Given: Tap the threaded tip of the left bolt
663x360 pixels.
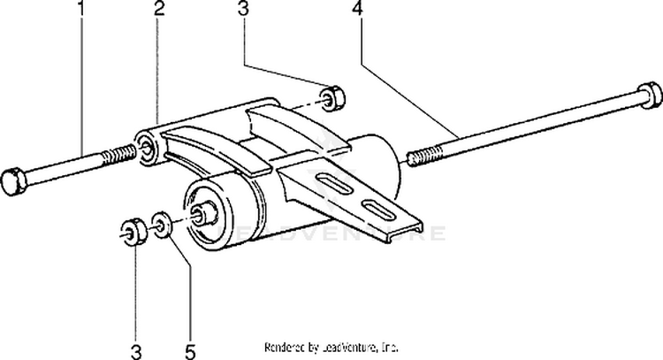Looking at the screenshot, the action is click(x=120, y=157).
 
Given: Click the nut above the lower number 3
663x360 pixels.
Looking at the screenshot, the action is click(x=132, y=233).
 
